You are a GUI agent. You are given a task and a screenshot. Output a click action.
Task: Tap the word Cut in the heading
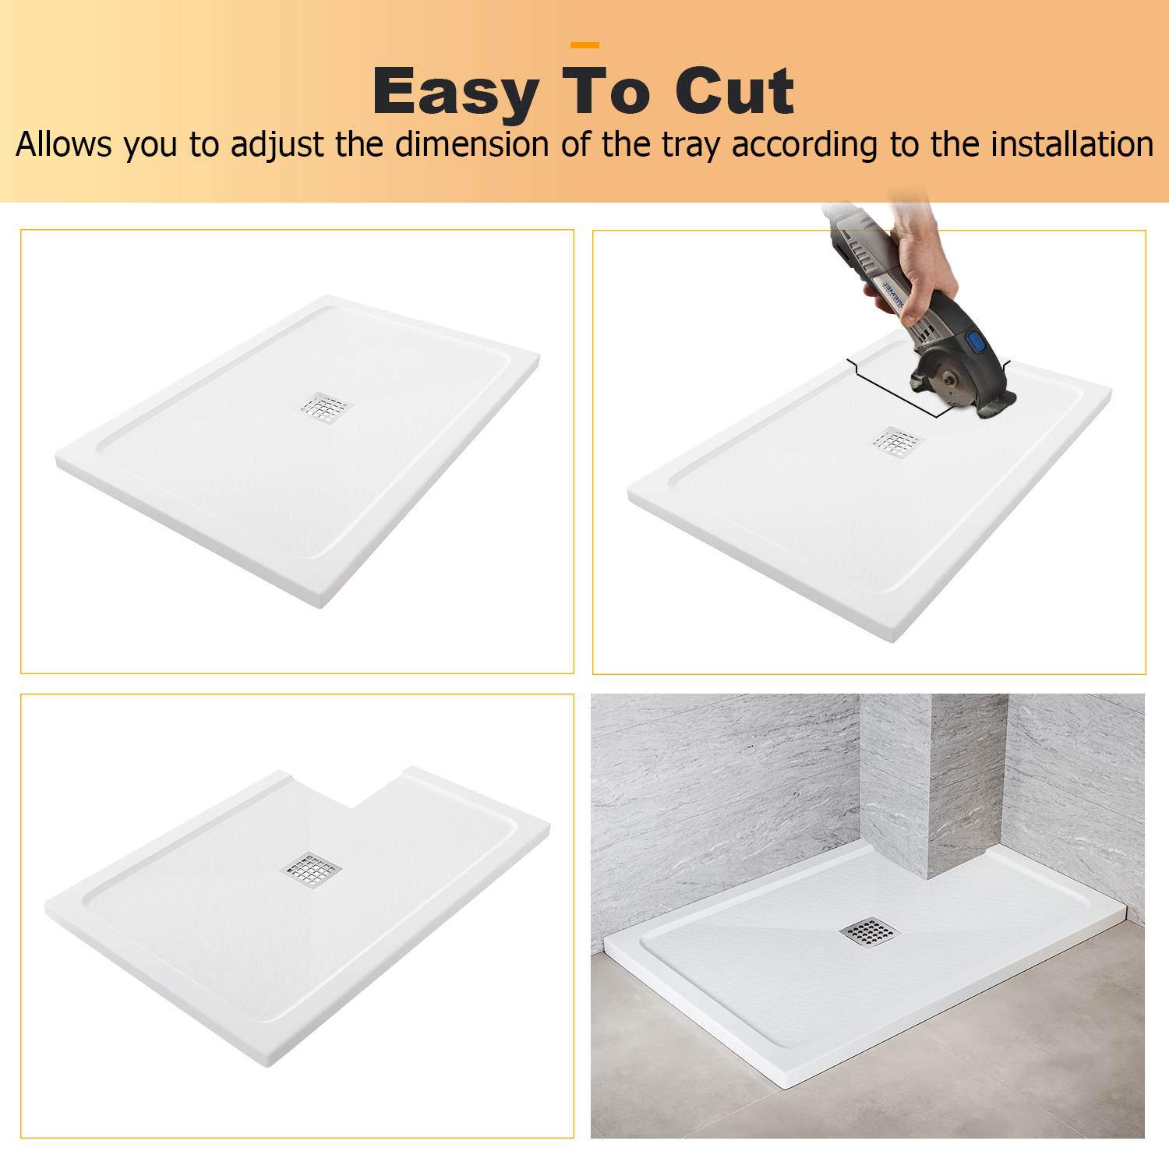coord(734,91)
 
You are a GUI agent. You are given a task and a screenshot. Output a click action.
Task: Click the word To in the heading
coord(606,91)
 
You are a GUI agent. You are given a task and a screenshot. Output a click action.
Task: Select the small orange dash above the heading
coord(584,45)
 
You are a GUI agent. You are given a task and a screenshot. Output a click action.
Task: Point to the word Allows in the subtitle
coord(64,144)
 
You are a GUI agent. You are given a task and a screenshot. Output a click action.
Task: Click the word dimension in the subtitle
coord(472,144)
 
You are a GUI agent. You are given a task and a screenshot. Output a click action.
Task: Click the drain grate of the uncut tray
coord(327,408)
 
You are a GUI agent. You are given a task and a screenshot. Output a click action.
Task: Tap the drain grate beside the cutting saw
coord(897,443)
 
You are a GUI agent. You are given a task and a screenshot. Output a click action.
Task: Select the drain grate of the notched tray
coord(311,870)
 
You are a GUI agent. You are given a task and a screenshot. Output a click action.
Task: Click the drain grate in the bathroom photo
coord(870,931)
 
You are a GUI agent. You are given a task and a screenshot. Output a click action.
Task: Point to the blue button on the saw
coord(977,341)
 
